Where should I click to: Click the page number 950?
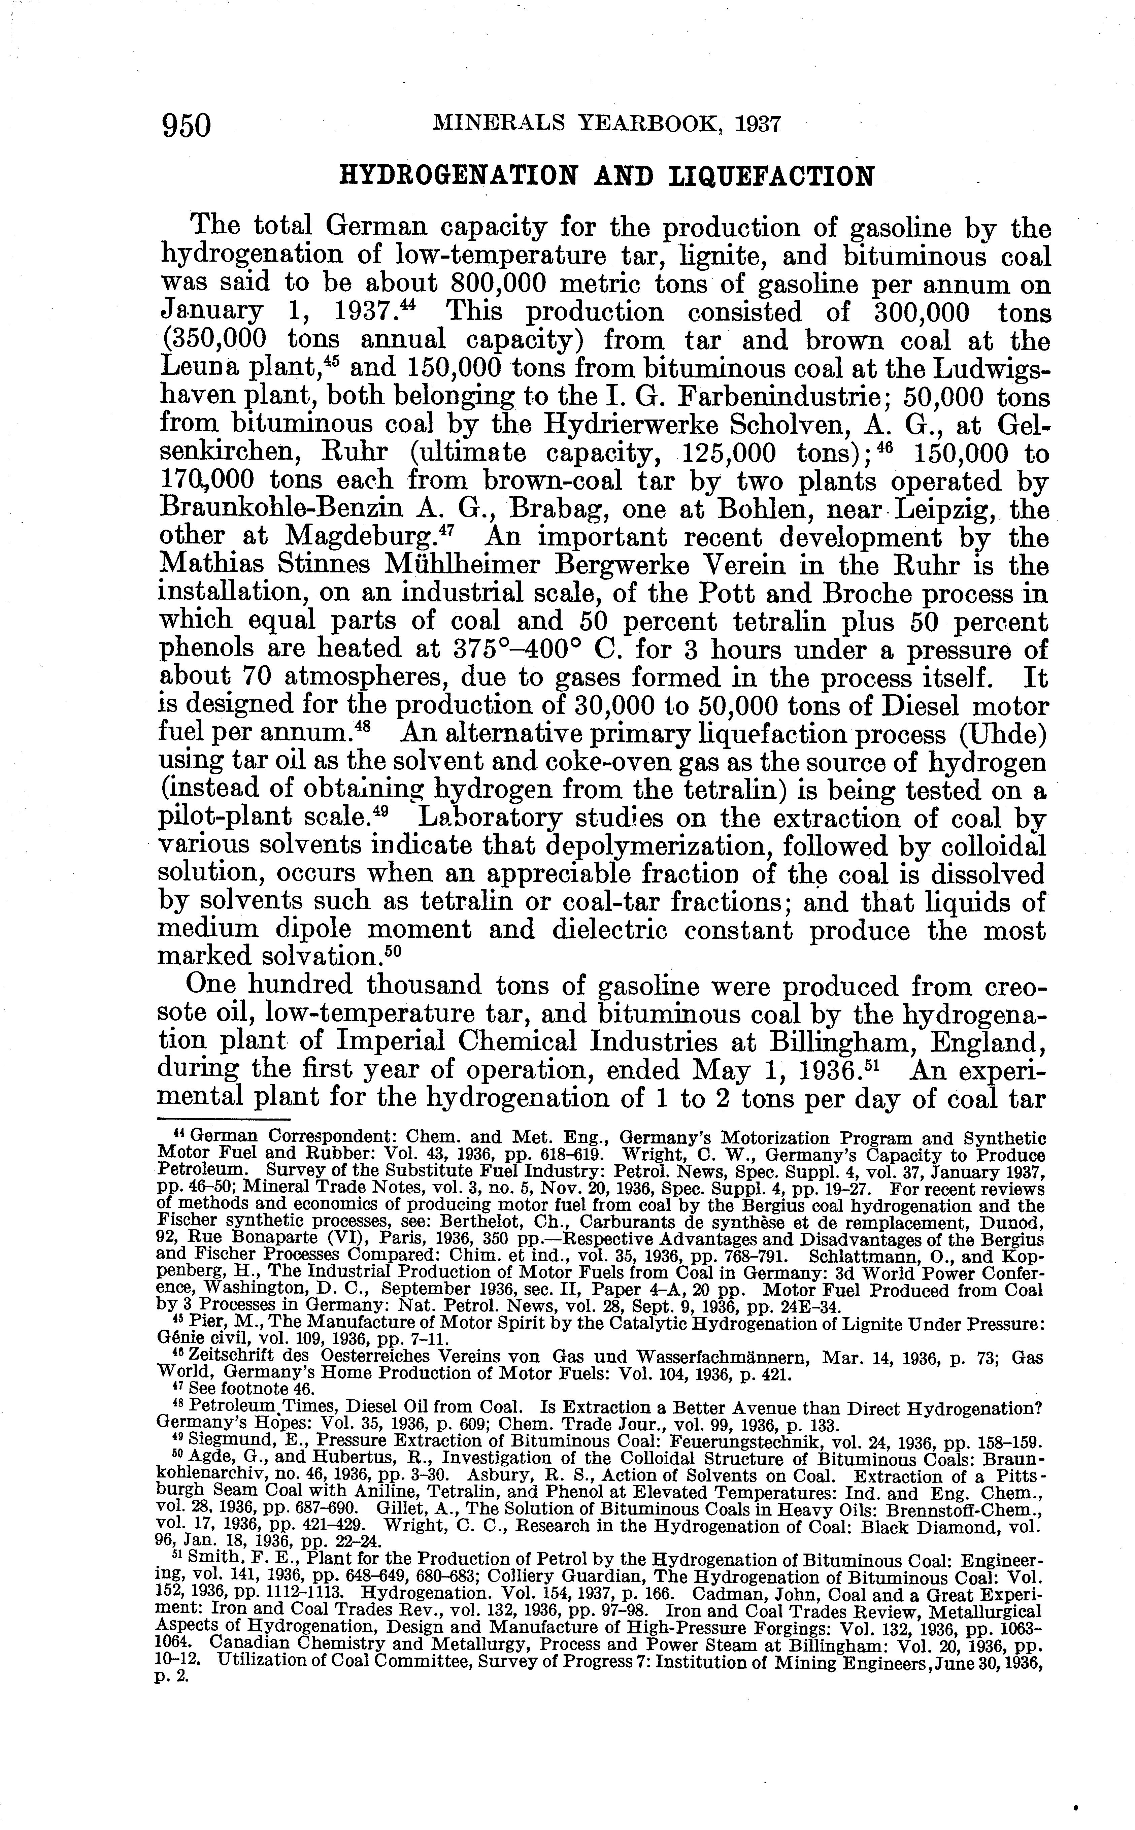(187, 125)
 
